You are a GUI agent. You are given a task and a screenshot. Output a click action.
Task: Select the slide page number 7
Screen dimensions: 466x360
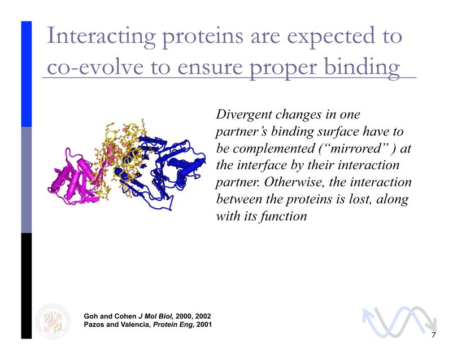434,335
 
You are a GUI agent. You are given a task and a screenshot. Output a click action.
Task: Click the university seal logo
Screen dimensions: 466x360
53,321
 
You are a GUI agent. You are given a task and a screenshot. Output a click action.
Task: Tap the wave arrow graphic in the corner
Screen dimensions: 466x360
399,322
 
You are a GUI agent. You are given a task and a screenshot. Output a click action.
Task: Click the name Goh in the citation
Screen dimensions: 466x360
90,317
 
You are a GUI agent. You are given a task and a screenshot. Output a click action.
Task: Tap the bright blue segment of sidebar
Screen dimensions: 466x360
27,74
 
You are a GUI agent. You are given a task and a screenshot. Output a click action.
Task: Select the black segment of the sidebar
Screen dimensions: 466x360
27,286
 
